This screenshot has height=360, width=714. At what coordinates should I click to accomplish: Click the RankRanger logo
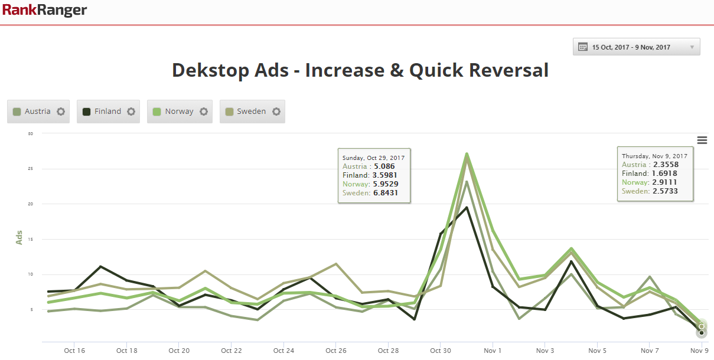click(x=44, y=10)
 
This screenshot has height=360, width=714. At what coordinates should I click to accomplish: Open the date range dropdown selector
click(x=636, y=47)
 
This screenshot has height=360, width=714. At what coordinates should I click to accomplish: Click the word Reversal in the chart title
click(x=508, y=70)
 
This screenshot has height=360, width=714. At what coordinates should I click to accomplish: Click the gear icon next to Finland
click(x=131, y=112)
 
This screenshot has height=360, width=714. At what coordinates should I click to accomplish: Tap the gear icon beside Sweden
click(x=276, y=112)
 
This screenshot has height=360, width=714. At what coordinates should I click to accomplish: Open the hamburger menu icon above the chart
click(x=702, y=140)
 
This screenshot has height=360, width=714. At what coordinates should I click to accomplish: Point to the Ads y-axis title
click(x=19, y=237)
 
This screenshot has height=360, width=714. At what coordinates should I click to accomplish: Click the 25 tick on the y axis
click(x=30, y=169)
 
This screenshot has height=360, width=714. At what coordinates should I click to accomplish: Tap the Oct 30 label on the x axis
click(x=441, y=351)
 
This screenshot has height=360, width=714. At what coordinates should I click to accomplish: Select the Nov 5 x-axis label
click(x=597, y=351)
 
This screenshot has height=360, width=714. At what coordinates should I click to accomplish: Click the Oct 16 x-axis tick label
click(x=74, y=351)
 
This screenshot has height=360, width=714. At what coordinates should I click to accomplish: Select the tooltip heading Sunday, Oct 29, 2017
click(x=373, y=158)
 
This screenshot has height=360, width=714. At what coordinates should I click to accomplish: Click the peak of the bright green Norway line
click(x=467, y=154)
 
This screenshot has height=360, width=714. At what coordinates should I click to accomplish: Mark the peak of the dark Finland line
click(x=467, y=207)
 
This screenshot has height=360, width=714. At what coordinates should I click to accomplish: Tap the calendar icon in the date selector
click(x=582, y=47)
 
